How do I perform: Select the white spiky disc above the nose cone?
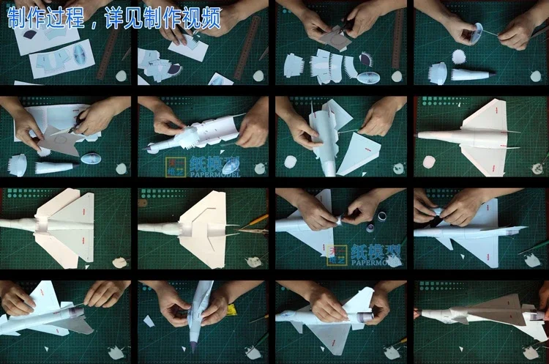coord(460,56)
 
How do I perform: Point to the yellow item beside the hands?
coord(231,309)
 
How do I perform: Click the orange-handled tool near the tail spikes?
coord(258,218)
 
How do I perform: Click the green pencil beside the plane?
coord(533,245)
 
